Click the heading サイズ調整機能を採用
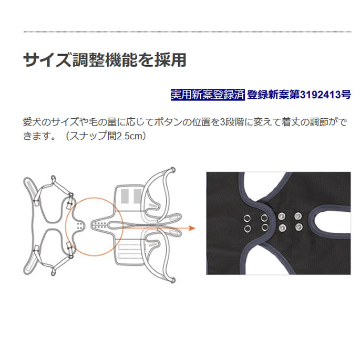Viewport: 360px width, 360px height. coord(105,60)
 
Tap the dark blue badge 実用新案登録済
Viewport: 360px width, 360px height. coord(208,95)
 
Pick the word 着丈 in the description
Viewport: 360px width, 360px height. coord(291,122)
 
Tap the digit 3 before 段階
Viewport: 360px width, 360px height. coord(222,122)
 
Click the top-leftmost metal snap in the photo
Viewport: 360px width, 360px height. coord(247,219)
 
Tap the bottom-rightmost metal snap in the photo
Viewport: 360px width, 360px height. coord(298,227)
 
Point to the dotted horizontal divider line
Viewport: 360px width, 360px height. coord(187,32)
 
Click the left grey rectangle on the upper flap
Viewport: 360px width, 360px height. coord(125,196)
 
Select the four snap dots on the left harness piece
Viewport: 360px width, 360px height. coord(80,225)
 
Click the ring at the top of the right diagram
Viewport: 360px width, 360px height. coord(173,170)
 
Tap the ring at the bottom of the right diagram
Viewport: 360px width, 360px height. coord(173,280)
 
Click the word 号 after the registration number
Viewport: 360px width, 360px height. coord(346,95)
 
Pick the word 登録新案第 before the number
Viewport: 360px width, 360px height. coord(273,95)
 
